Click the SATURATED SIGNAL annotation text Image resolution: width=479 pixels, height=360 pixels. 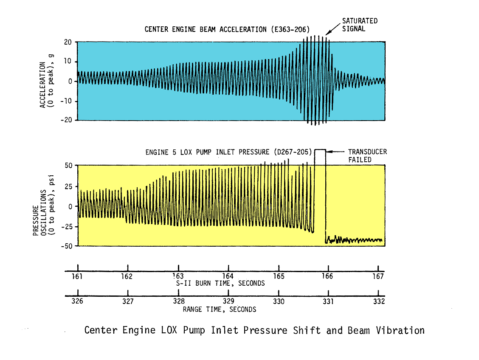click(360, 25)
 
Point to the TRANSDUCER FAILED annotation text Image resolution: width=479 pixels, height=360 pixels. click(367, 156)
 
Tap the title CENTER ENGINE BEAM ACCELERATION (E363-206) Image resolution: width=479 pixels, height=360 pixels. click(227, 29)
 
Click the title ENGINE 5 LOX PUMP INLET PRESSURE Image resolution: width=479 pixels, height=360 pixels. click(228, 152)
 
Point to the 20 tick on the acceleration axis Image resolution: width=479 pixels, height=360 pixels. click(68, 42)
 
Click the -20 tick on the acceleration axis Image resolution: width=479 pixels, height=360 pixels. click(67, 120)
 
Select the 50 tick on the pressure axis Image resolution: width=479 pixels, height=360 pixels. click(68, 165)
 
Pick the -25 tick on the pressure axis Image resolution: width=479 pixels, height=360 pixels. click(67, 226)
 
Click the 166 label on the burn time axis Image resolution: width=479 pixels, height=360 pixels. click(327, 276)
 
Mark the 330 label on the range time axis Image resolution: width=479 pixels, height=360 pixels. click(278, 301)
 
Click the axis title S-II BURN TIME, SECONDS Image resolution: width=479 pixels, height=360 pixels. click(220, 283)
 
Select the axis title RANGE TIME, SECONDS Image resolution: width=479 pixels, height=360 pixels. click(220, 309)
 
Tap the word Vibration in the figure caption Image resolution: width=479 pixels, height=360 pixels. click(400, 330)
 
